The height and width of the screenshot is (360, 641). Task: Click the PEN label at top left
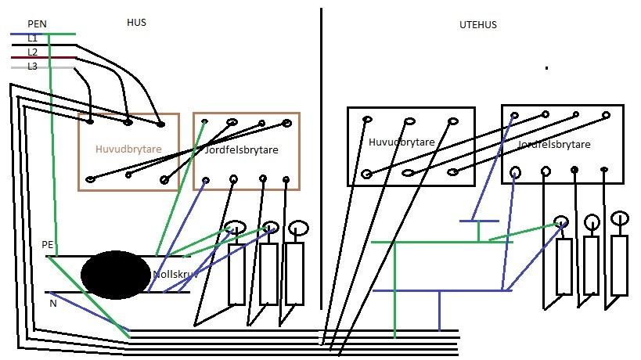37,24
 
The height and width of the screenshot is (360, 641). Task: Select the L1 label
32,38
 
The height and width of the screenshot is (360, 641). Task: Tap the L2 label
32,52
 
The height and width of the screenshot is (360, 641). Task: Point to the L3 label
32,67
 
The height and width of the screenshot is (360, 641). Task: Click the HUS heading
136,23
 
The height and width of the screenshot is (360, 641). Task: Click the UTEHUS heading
478,25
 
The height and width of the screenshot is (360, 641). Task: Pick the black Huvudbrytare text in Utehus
402,142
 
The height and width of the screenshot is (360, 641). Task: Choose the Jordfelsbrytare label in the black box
554,145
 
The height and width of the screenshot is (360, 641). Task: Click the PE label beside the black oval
48,245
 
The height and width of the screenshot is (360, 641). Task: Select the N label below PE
53,304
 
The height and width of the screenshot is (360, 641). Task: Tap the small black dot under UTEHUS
546,69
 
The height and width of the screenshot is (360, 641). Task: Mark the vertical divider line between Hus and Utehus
321,157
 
